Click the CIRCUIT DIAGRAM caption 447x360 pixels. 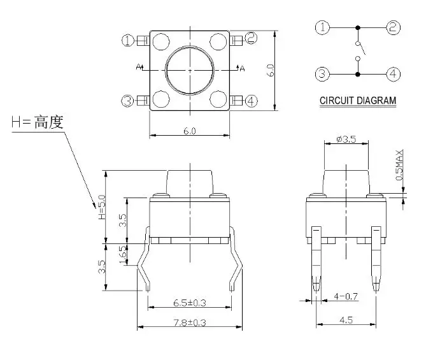coord(357,101)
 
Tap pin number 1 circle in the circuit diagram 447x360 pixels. coord(323,27)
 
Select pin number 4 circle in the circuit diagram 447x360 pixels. coord(394,74)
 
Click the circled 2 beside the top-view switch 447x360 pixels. coord(251,39)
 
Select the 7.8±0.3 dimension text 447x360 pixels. coord(189,322)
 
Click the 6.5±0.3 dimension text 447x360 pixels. coord(189,302)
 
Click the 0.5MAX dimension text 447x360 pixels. coord(400,165)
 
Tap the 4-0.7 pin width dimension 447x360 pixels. coord(346,297)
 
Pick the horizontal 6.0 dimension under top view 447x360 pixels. coord(189,131)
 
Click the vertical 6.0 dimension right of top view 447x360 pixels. coord(271,70)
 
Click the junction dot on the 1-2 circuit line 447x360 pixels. coord(358,27)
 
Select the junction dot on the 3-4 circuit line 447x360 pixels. coord(358,75)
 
